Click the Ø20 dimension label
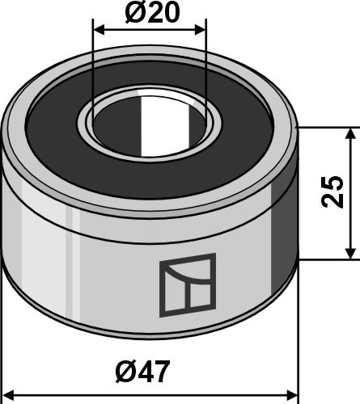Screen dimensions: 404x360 coord(150,14)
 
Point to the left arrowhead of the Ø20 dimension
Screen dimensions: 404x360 coord(99,29)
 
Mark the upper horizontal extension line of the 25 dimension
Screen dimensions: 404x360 coord(328,128)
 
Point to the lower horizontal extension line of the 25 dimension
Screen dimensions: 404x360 coord(328,260)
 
